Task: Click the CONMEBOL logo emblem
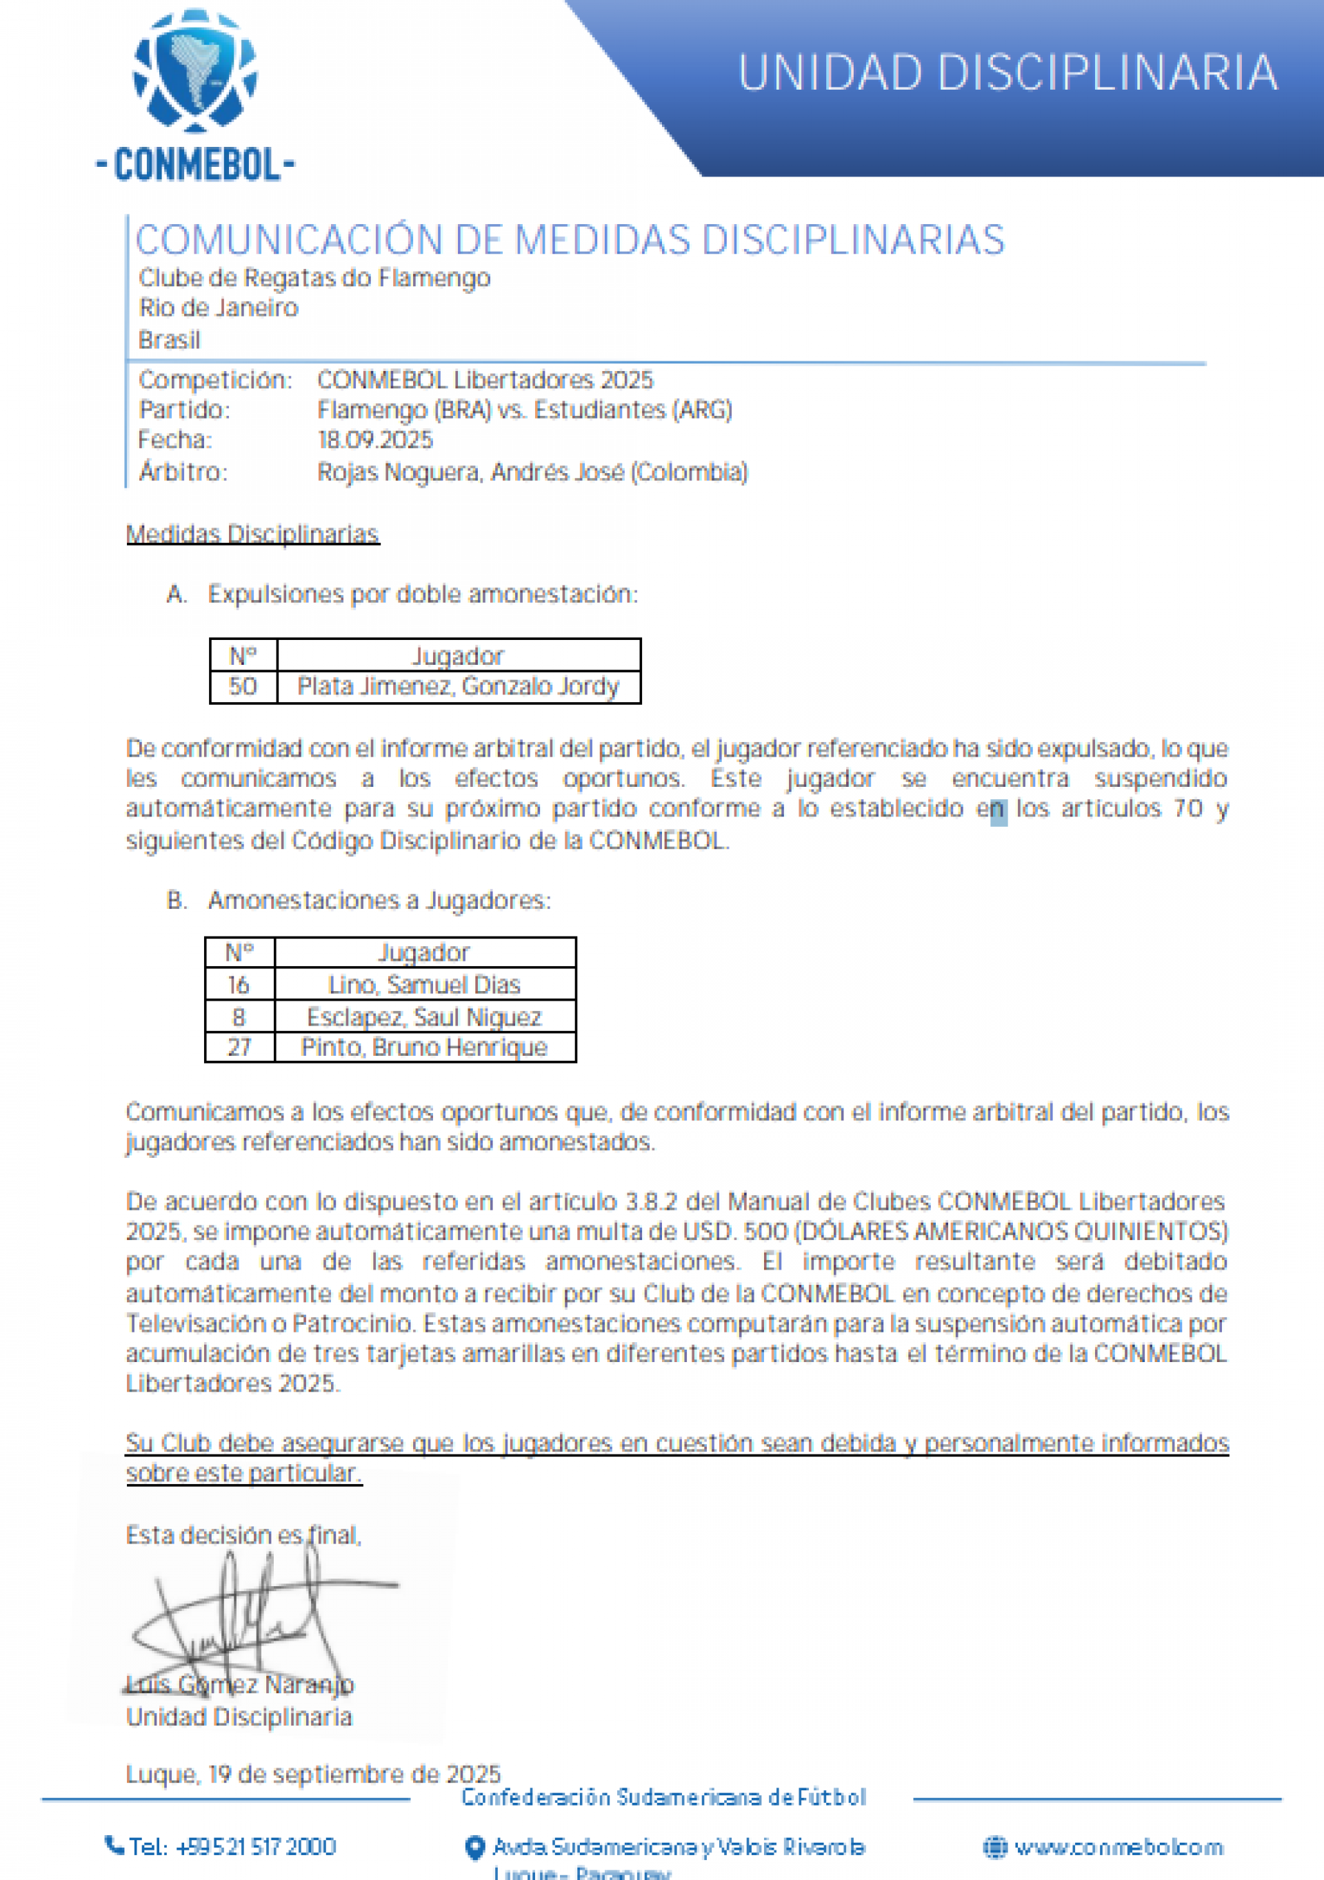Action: pyautogui.click(x=195, y=72)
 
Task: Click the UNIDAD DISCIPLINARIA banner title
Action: pyautogui.click(x=1007, y=74)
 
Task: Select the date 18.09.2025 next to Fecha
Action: pyautogui.click(x=375, y=441)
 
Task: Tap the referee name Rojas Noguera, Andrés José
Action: pyautogui.click(x=532, y=472)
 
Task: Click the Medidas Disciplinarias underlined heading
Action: pyautogui.click(x=252, y=534)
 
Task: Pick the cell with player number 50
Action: pyautogui.click(x=243, y=686)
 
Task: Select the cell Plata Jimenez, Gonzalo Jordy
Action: pyautogui.click(x=458, y=686)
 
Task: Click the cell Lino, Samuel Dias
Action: pyautogui.click(x=424, y=984)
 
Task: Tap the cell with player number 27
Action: pyautogui.click(x=239, y=1048)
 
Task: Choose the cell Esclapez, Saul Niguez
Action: pyautogui.click(x=424, y=1017)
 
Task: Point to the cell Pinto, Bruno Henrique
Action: pyautogui.click(x=424, y=1048)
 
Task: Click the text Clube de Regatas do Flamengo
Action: pyautogui.click(x=314, y=279)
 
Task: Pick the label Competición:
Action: pyautogui.click(x=215, y=380)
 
